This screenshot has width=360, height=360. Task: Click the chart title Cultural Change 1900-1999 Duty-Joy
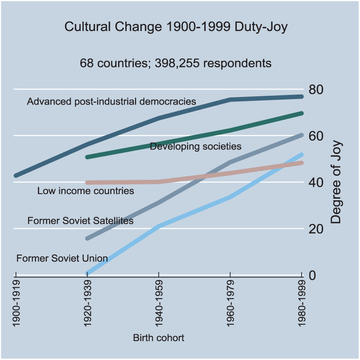tap(176, 27)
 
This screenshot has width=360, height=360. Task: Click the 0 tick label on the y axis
tap(312, 276)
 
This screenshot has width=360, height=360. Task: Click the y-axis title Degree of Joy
tap(336, 182)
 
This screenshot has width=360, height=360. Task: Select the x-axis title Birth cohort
tap(159, 338)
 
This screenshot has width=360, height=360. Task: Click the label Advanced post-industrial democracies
tap(111, 101)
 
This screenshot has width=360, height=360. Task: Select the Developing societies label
tap(196, 146)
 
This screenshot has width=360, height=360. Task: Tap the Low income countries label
tap(86, 191)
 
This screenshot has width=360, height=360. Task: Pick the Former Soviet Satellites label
tap(80, 221)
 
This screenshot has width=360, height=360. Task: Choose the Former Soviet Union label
tap(62, 258)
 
